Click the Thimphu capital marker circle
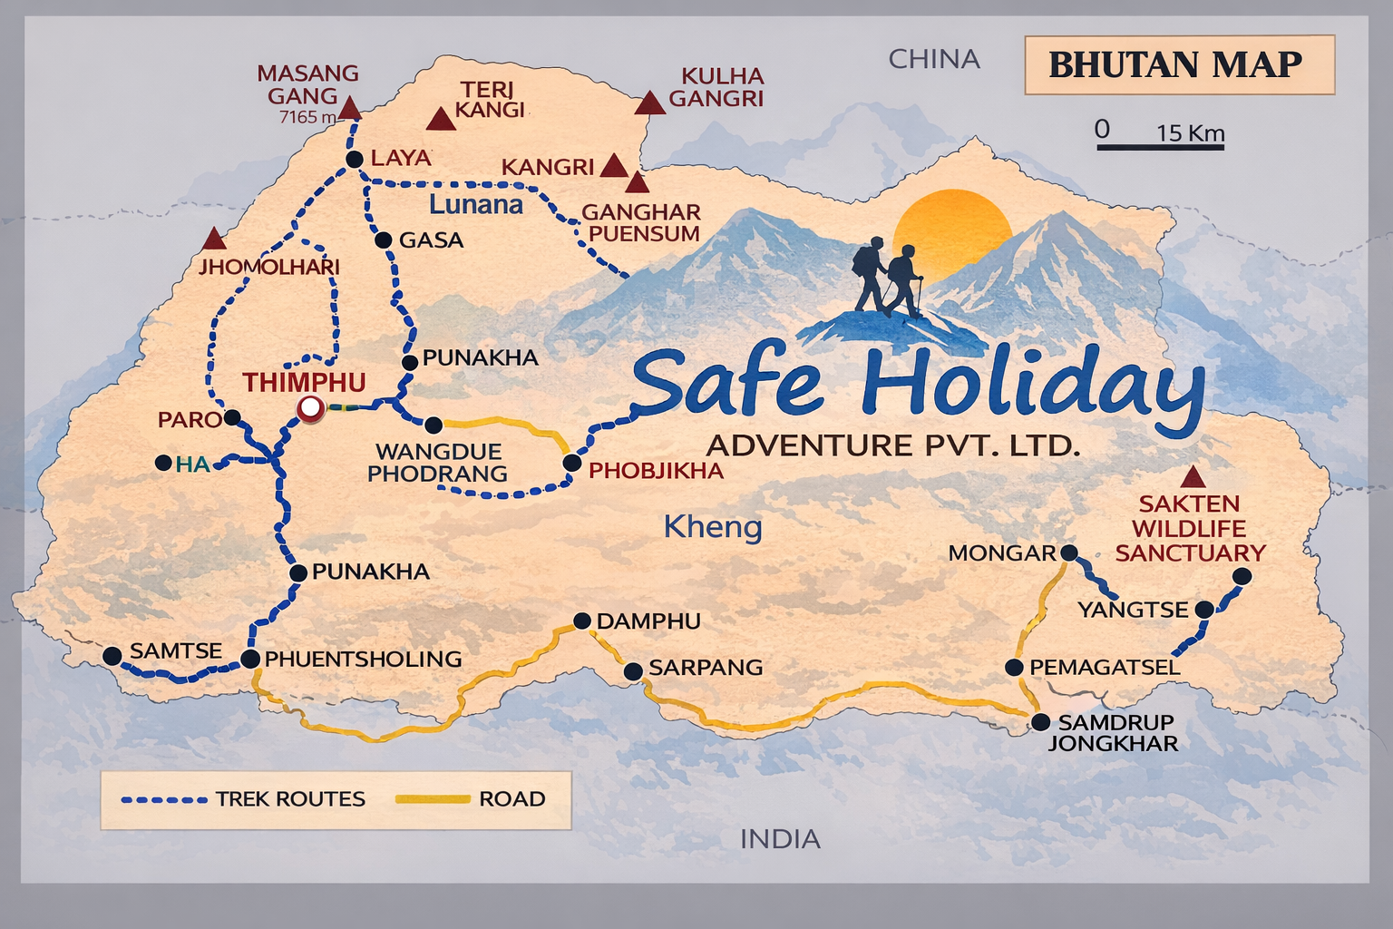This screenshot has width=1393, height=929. (310, 409)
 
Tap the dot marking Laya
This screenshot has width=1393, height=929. (355, 160)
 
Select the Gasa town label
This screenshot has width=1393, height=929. (431, 240)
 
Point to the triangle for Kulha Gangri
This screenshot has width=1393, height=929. (649, 103)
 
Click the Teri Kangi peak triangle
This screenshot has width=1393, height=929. (441, 120)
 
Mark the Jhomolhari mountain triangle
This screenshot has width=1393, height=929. (214, 240)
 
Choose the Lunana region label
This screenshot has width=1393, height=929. (475, 204)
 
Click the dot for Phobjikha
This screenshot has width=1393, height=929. (572, 463)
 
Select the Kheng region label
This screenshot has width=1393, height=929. (713, 526)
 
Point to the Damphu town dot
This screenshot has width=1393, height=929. (582, 621)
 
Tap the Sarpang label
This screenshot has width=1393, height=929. (706, 668)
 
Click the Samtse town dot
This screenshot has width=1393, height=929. (112, 656)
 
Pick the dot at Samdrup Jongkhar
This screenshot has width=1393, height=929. (1041, 722)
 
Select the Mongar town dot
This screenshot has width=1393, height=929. (1068, 553)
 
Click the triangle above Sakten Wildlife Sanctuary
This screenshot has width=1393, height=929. (1193, 477)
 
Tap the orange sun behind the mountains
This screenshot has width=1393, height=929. (952, 227)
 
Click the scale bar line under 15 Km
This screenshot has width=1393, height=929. (1160, 146)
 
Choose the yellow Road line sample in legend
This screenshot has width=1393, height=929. (433, 799)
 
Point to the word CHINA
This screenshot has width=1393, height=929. (934, 59)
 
